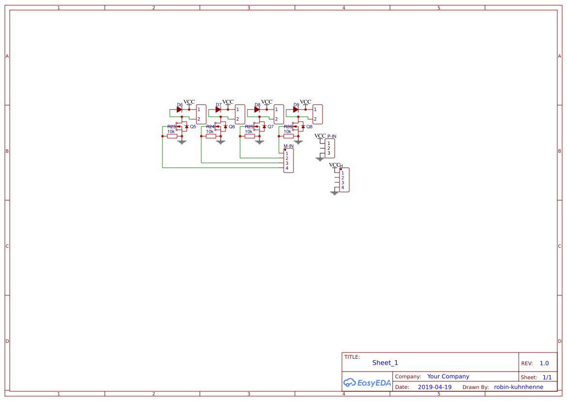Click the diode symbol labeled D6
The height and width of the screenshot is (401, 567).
pos(179,110)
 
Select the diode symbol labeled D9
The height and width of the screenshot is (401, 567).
pos(295,110)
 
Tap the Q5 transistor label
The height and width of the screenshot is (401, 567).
pos(193,127)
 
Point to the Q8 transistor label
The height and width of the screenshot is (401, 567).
pos(309,127)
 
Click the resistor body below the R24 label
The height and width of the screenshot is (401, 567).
pos(211,136)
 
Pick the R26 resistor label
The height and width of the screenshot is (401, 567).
pos(288,127)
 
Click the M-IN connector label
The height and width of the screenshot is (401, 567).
pos(288,146)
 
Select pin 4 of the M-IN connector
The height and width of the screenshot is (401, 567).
pos(287,168)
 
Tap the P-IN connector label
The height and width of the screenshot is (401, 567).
pos(332,136)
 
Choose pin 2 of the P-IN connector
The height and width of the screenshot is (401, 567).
pos(328,148)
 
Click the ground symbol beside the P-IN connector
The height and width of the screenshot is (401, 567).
pos(319,159)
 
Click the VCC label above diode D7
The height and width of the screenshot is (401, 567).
pos(227,102)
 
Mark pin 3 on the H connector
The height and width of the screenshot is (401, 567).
pos(342,182)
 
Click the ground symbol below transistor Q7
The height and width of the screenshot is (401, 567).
pos(259,142)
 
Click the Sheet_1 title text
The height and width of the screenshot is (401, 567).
pos(385,363)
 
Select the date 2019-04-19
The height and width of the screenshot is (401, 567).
pos(434,387)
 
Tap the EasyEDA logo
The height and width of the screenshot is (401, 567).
pos(367,383)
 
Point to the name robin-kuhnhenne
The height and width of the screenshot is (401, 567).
pos(518,387)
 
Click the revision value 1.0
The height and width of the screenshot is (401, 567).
pos(544,363)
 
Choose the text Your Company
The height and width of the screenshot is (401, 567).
pos(448,376)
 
